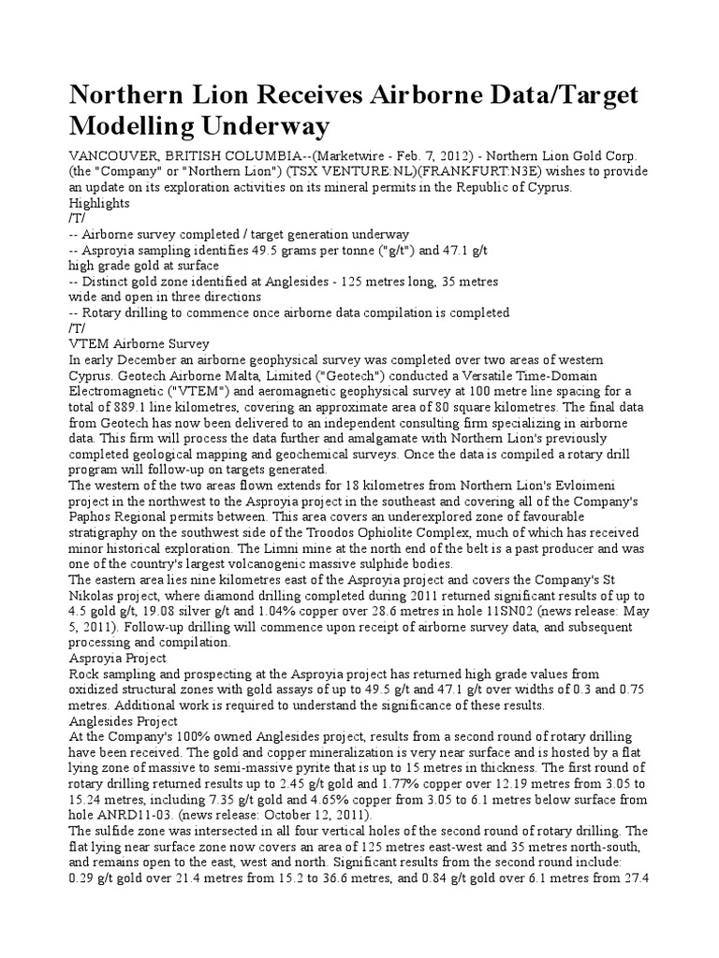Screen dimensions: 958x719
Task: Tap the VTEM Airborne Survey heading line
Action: point(139,343)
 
